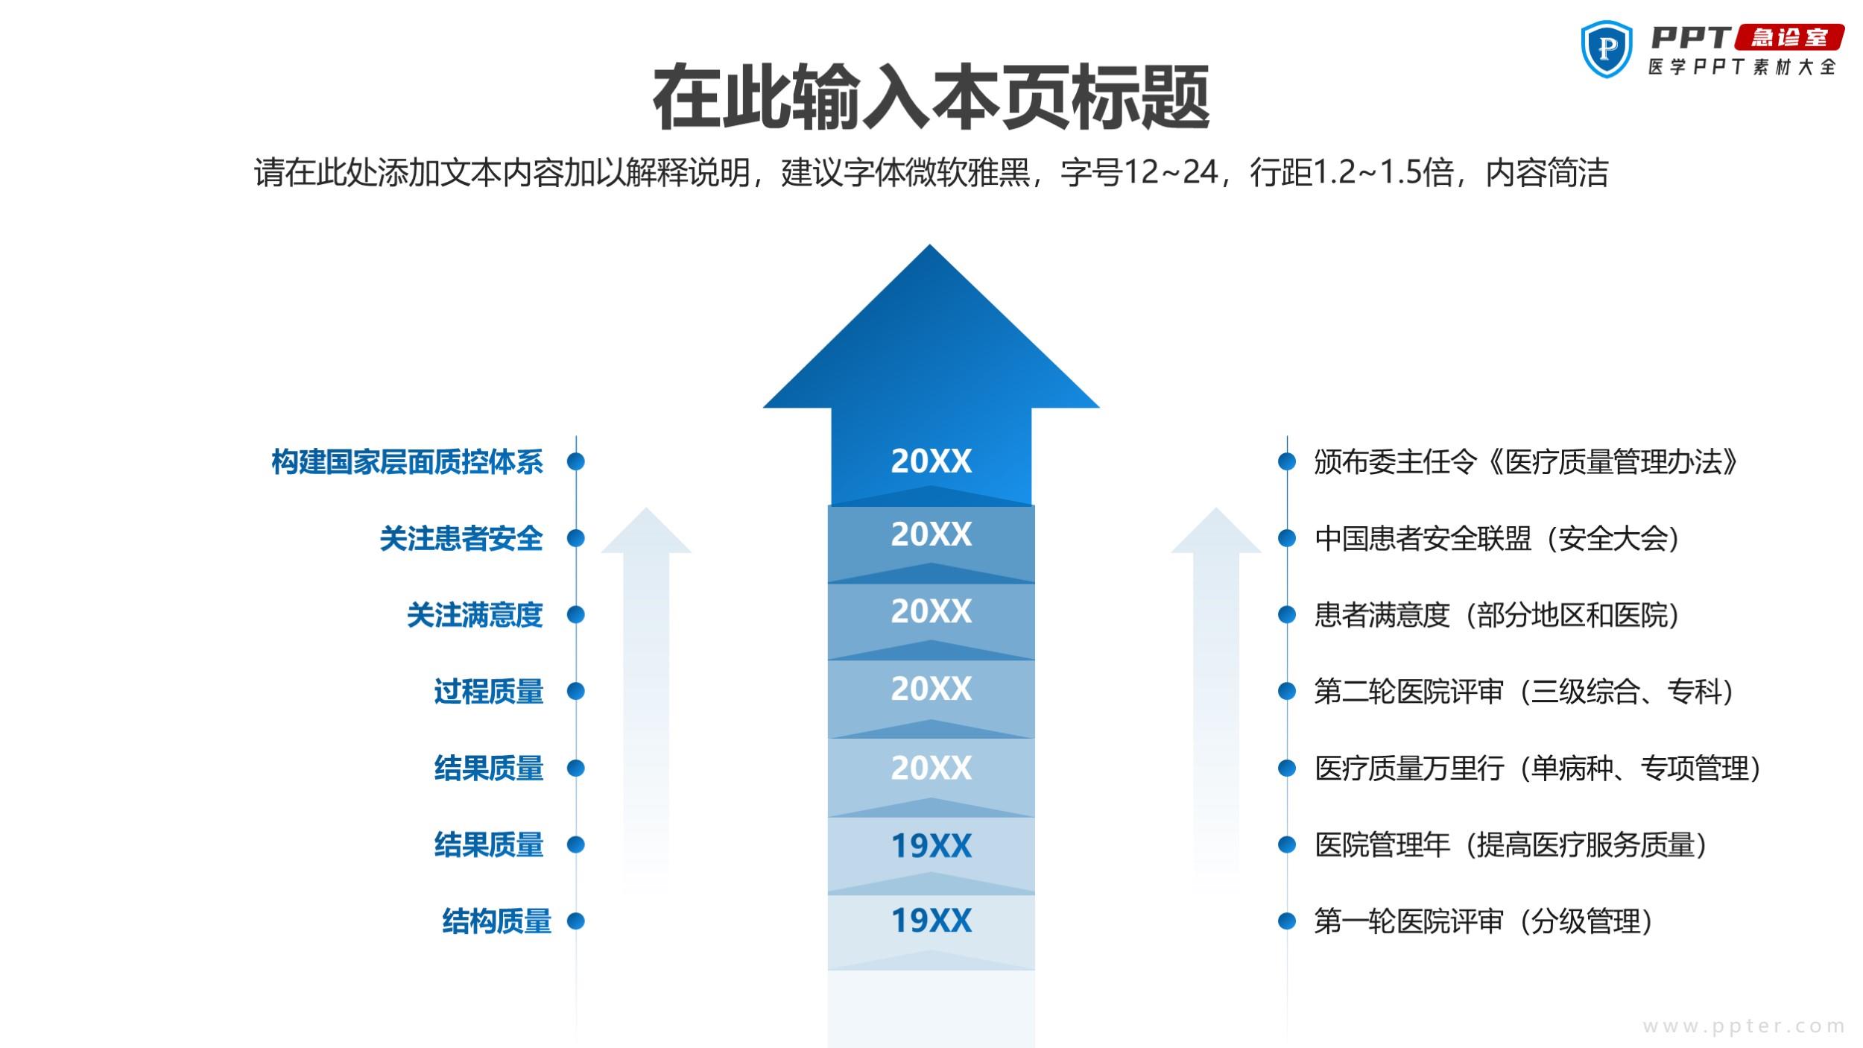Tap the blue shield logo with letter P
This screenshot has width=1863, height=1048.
(x=1607, y=48)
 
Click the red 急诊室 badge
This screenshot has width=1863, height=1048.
(x=1789, y=37)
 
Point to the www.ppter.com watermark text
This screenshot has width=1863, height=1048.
(x=1744, y=1026)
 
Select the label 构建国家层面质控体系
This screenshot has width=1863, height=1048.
(x=407, y=462)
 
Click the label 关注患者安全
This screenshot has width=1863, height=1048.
(x=461, y=538)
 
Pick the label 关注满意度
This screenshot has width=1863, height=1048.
(x=475, y=615)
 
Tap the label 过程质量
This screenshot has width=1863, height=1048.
(x=489, y=692)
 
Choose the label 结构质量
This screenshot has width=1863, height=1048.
(x=496, y=921)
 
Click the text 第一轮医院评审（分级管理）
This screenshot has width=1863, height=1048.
(x=1483, y=921)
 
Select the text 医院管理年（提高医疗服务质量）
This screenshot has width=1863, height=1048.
(x=1511, y=845)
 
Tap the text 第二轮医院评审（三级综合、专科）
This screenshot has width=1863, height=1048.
(x=1524, y=692)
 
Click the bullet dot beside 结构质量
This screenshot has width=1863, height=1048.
(x=575, y=921)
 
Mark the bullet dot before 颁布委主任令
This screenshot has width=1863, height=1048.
(x=1287, y=462)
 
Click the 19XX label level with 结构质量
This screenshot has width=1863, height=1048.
(x=931, y=921)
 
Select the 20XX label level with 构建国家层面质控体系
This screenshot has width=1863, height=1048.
(x=931, y=461)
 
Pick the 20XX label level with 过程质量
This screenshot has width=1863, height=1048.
(x=931, y=689)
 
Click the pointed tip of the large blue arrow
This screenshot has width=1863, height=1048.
(x=930, y=245)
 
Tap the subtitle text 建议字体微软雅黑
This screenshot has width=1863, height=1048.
(x=906, y=173)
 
